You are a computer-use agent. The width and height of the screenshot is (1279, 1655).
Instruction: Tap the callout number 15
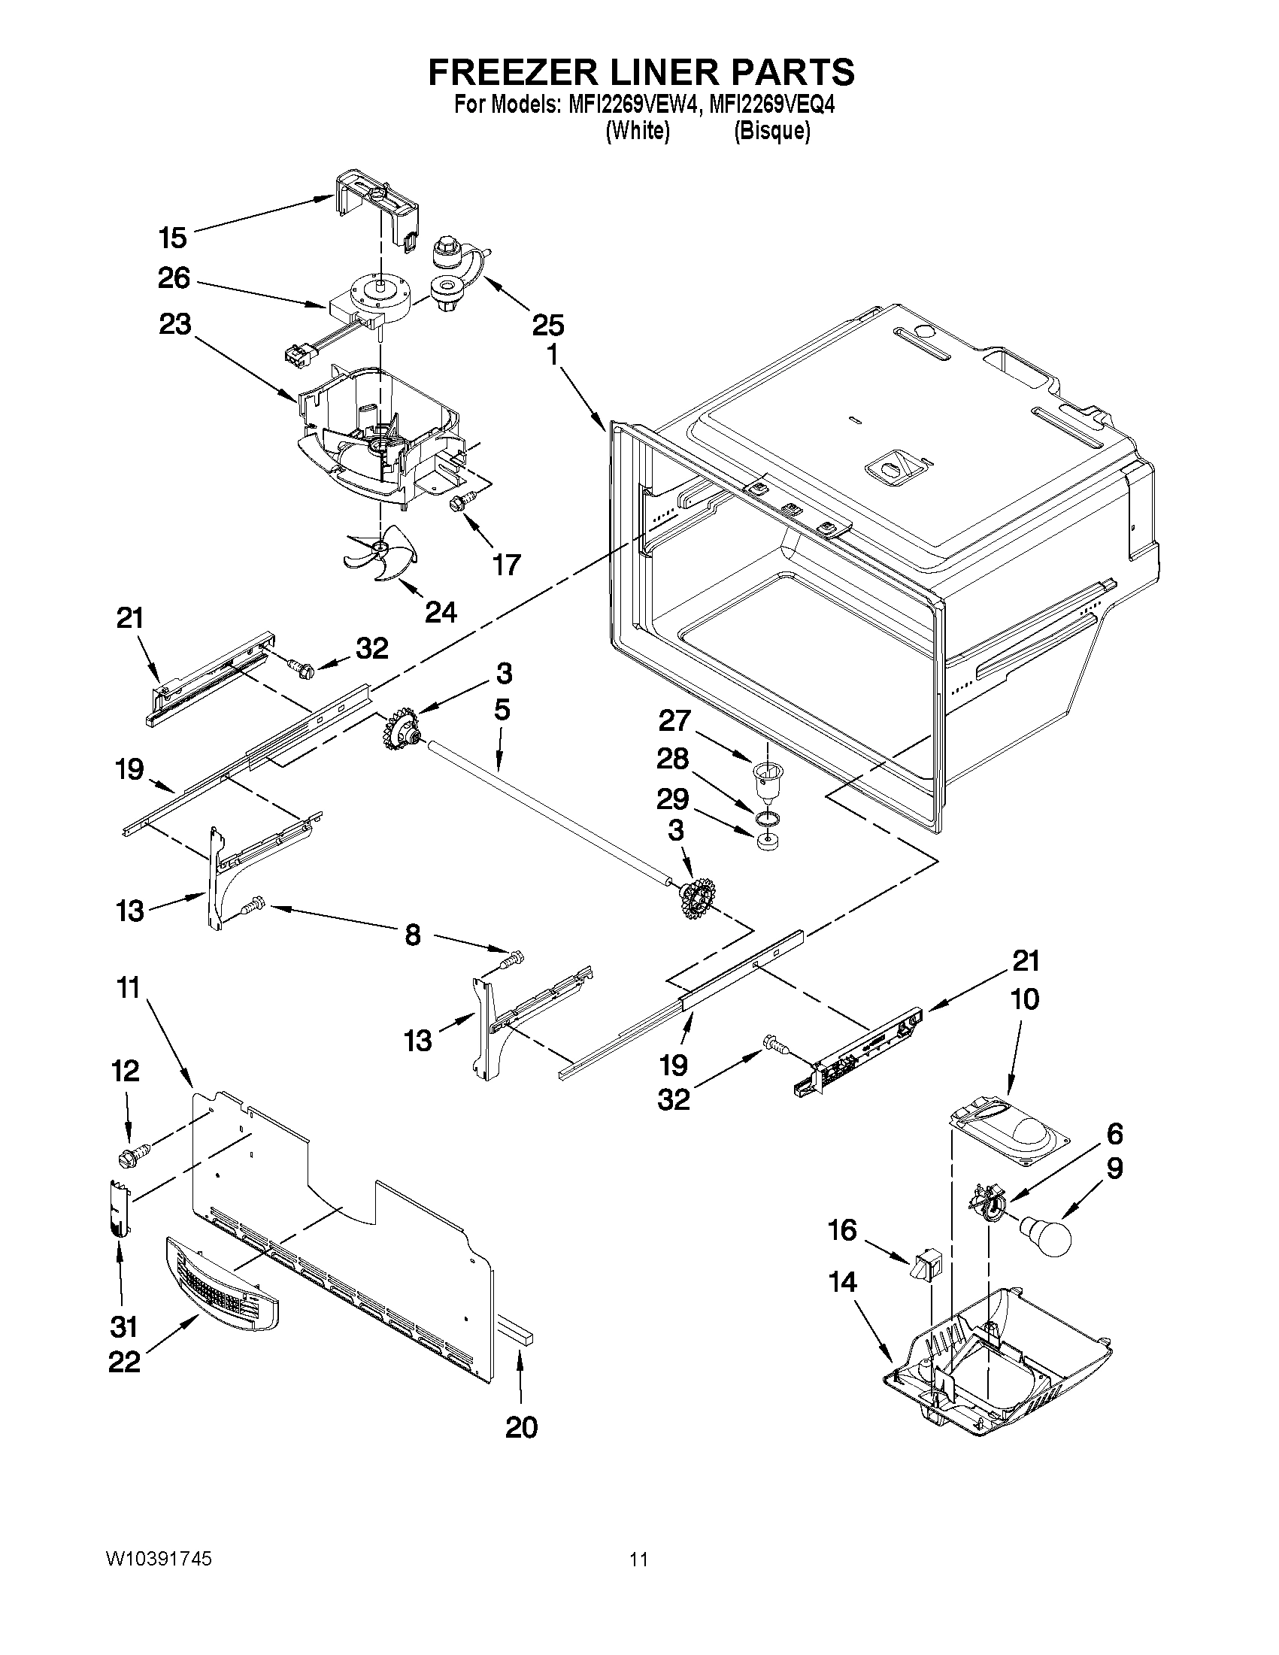(173, 238)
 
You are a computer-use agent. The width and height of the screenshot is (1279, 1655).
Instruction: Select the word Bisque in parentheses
(772, 131)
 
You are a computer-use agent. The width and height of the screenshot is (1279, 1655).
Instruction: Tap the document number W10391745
(159, 1559)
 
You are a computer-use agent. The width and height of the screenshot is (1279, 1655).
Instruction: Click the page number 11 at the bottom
(638, 1559)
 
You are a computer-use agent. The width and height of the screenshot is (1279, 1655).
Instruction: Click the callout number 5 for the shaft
(502, 710)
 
